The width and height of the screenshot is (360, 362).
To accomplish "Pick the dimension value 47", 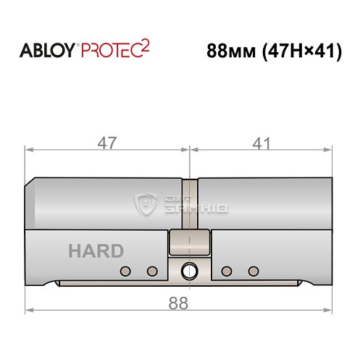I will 108,143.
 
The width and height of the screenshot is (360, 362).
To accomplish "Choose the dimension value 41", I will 257,143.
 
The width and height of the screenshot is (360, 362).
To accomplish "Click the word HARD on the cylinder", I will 96,251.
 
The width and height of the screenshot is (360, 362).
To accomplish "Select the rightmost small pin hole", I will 252,271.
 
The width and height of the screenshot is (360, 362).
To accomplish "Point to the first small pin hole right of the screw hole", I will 226,271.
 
